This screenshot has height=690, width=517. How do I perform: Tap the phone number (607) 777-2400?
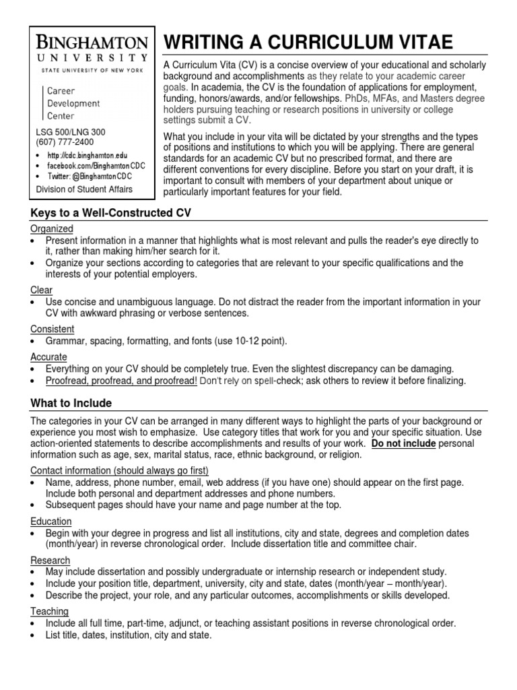point(65,142)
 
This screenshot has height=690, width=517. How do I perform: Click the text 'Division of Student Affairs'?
point(84,189)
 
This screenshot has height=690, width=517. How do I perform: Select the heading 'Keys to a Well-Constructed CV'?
point(111,213)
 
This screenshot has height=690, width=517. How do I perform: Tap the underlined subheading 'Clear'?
point(41,290)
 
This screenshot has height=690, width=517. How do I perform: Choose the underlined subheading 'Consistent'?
point(53,329)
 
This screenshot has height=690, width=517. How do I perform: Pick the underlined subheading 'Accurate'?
point(48,357)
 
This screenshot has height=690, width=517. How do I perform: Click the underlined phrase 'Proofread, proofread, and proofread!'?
point(121,381)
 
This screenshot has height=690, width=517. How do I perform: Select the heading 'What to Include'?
point(71,403)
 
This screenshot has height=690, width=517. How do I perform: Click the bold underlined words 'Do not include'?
point(404,443)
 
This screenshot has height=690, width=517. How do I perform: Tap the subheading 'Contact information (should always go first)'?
point(120,470)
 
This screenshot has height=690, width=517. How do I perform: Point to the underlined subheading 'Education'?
point(51,522)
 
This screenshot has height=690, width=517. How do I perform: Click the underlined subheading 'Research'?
point(50,560)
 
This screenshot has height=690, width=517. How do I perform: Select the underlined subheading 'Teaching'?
point(49,611)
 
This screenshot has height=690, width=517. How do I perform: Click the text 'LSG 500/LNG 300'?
point(70,132)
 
